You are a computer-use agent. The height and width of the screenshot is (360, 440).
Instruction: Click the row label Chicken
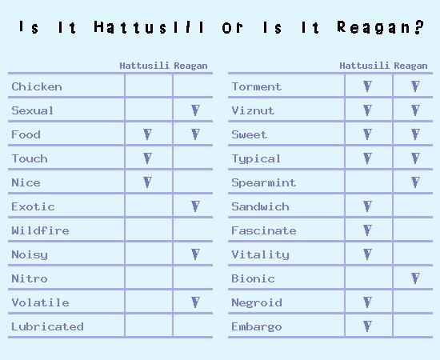click(x=37, y=86)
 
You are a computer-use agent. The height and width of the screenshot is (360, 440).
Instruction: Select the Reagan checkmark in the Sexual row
click(x=195, y=110)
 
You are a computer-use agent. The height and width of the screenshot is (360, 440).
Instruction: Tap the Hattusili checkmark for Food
click(x=148, y=134)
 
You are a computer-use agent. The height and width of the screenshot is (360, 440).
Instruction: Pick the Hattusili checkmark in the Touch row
click(x=148, y=158)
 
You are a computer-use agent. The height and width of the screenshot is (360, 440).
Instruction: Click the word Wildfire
click(x=40, y=230)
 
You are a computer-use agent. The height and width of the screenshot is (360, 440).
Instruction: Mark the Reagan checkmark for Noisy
click(x=195, y=254)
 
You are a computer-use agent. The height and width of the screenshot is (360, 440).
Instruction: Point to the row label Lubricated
click(x=47, y=326)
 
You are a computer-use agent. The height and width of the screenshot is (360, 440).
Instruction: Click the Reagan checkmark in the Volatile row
click(x=195, y=302)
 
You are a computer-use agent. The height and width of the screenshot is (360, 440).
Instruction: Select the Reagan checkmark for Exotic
click(x=195, y=206)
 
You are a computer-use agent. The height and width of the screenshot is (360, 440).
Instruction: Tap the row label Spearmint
click(x=263, y=182)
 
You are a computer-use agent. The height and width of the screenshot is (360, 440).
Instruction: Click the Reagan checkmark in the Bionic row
click(x=415, y=278)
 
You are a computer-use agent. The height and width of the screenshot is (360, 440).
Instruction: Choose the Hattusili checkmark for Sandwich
click(x=368, y=206)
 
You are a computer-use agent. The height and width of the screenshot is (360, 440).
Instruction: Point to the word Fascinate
click(x=264, y=230)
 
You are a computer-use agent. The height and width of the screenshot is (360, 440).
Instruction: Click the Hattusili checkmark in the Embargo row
click(x=368, y=326)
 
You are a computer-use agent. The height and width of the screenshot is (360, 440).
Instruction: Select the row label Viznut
click(x=253, y=110)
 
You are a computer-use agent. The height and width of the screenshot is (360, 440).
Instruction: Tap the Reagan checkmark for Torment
click(x=415, y=86)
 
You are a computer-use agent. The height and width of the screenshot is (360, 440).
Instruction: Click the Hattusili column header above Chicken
click(x=144, y=66)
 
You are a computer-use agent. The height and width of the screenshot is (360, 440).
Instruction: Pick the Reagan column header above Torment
click(x=410, y=66)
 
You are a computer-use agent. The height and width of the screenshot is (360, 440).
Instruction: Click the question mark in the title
click(x=419, y=27)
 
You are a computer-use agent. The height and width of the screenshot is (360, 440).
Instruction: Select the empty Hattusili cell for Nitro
click(x=149, y=278)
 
